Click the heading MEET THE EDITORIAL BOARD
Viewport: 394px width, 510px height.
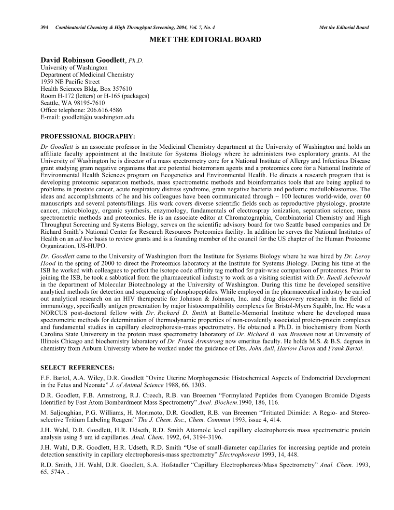[x=205, y=39]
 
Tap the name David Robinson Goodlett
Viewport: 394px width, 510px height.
[x=83, y=60]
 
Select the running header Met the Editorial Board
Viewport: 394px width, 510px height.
[x=344, y=27]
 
